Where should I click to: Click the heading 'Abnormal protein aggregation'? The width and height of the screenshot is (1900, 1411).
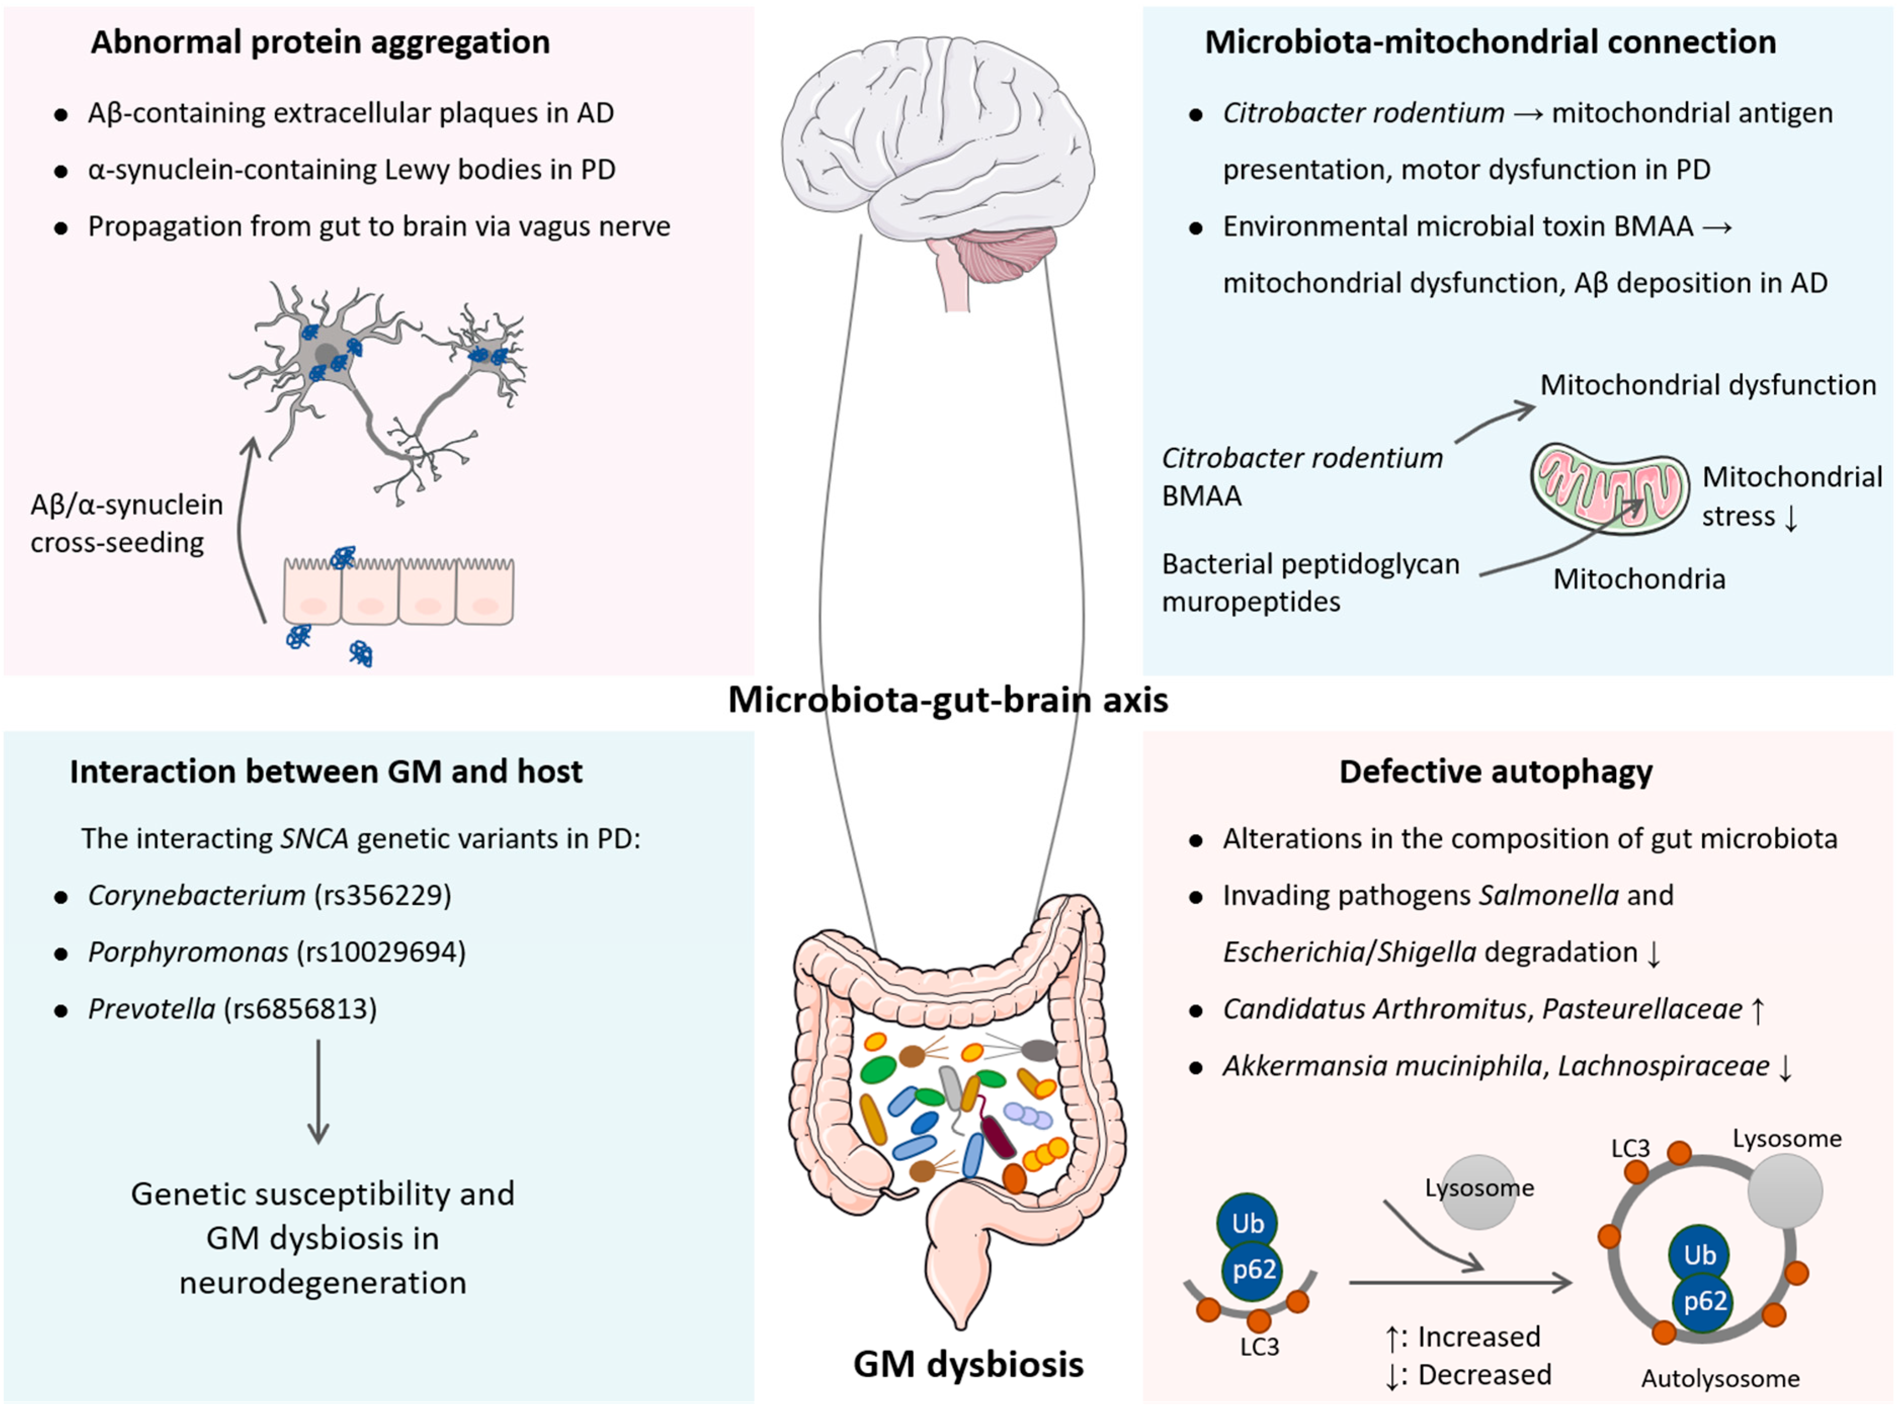(320, 42)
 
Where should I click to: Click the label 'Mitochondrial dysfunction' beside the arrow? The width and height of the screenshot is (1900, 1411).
(1707, 385)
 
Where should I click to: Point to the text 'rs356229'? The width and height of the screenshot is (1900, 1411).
(383, 895)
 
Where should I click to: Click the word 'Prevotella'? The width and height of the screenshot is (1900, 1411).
(151, 1009)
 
